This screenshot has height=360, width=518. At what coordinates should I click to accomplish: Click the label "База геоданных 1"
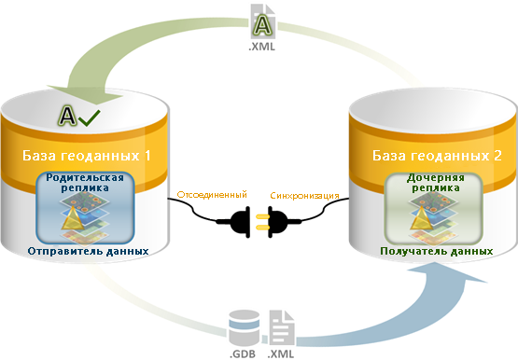(87, 156)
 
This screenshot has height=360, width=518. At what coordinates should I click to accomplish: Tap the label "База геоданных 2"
(437, 156)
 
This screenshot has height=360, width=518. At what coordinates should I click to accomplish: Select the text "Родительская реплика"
(85, 183)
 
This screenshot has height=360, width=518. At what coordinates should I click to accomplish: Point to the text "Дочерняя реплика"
(436, 183)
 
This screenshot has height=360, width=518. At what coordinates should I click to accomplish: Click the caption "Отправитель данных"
(88, 251)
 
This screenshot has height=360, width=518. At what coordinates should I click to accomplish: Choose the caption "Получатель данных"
(437, 251)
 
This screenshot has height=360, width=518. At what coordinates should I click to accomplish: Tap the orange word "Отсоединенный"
(212, 194)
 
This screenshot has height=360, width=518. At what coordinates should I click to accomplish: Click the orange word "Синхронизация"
(304, 196)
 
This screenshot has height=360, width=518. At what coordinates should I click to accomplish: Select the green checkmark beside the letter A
(90, 118)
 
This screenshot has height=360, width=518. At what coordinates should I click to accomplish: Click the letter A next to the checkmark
(68, 116)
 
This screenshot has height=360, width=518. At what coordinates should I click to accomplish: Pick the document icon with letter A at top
(262, 21)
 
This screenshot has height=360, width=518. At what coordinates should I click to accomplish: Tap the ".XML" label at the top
(261, 47)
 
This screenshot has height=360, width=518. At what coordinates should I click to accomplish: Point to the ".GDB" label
(243, 353)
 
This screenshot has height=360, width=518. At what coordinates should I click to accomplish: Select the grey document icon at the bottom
(282, 327)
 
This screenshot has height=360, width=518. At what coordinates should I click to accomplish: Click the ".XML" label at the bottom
(281, 353)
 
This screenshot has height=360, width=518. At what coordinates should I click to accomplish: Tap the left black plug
(239, 221)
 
